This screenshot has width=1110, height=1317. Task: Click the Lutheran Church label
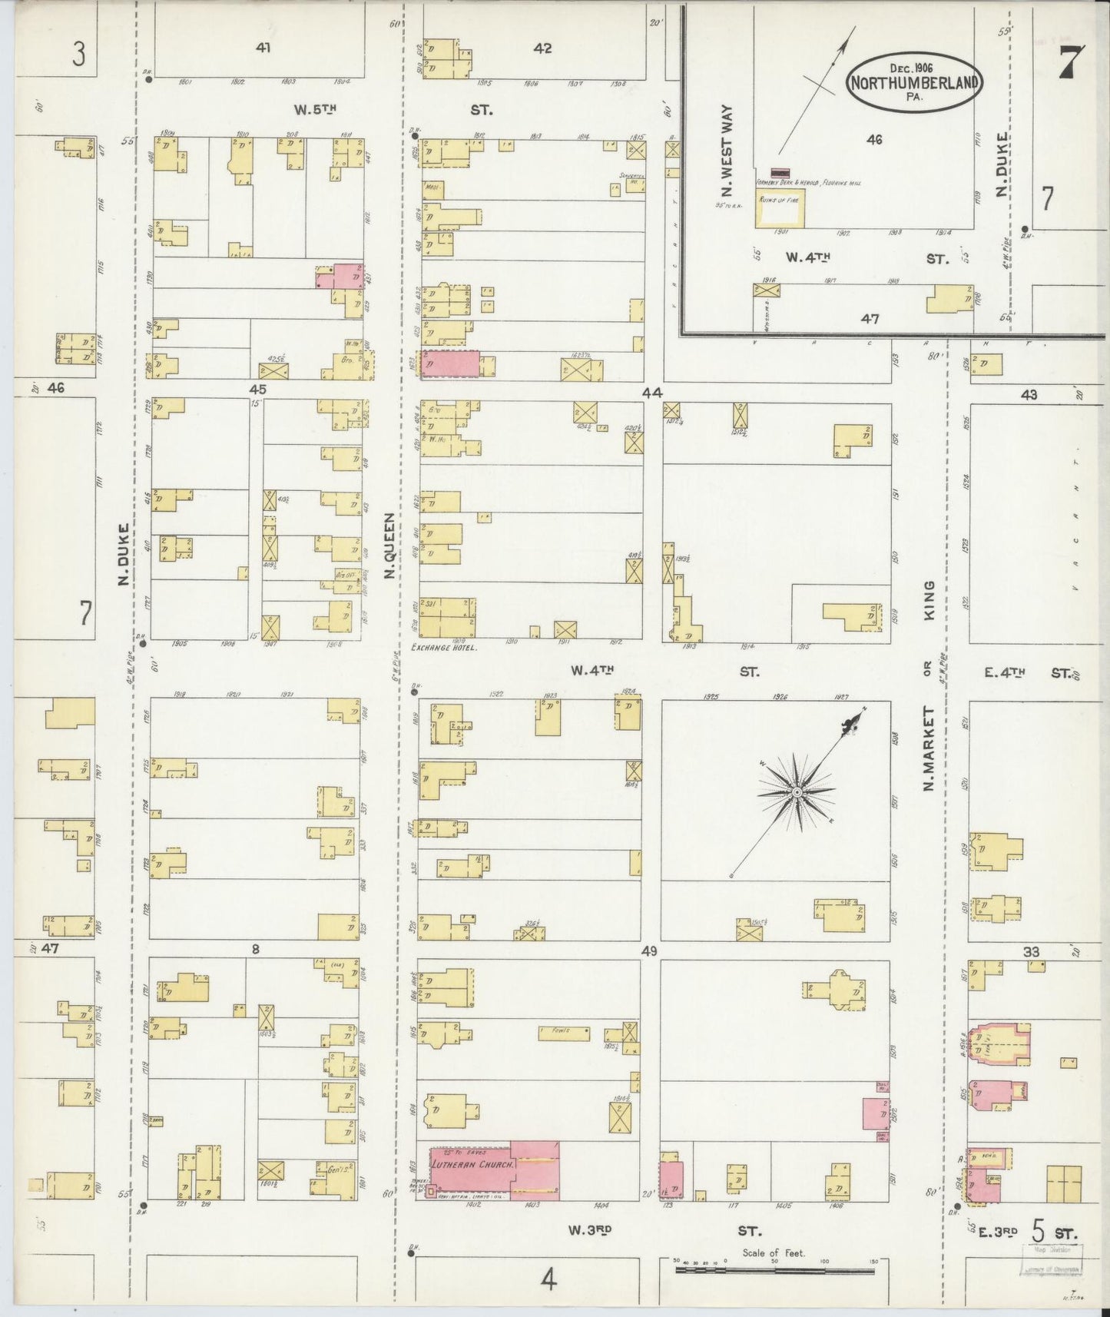pos(473,1186)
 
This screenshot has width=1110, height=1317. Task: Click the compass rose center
pos(797,791)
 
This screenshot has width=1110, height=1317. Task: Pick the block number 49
pos(650,952)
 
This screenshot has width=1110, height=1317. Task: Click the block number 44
pos(651,393)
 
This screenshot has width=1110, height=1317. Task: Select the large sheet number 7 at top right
pos(1071,63)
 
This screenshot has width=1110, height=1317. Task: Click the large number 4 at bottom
pos(548,1280)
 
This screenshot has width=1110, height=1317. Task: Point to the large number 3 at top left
pos(78,55)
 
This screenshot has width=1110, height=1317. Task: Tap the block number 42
pos(542,48)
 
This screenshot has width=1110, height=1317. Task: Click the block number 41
pos(263,48)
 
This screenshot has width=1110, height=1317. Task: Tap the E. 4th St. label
pos(1027,673)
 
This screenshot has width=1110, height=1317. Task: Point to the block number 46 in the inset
pos(874,140)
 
